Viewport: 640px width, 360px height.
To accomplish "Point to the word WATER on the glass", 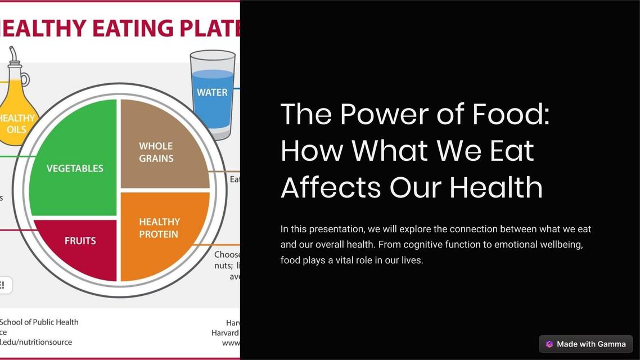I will (x=212, y=92).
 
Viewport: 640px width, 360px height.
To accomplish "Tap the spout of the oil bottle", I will (x=13, y=55).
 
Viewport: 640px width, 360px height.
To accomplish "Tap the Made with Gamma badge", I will (x=585, y=344).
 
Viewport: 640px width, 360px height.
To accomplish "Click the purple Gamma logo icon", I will (x=549, y=344).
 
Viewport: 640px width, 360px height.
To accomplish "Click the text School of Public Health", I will (x=39, y=322).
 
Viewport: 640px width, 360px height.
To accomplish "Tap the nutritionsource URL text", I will (x=36, y=341).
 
